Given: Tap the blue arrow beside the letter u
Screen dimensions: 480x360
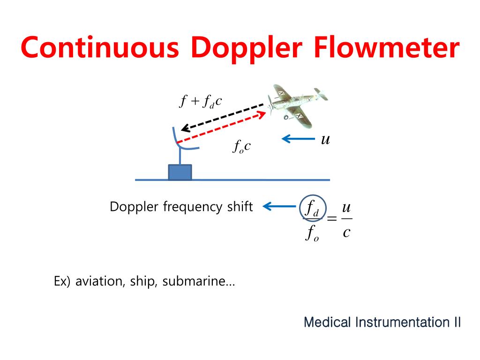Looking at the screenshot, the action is [x=299, y=139].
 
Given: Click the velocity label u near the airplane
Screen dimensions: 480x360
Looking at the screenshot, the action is [x=324, y=139].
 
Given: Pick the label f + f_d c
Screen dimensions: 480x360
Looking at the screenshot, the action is [x=201, y=101].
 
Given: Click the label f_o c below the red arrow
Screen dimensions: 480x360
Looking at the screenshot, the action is [x=242, y=147].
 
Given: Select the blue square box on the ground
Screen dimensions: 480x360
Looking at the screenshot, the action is [x=180, y=172].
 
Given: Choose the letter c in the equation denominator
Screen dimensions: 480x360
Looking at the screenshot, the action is [x=346, y=232].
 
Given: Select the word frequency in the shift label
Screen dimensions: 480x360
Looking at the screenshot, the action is [x=193, y=207].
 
